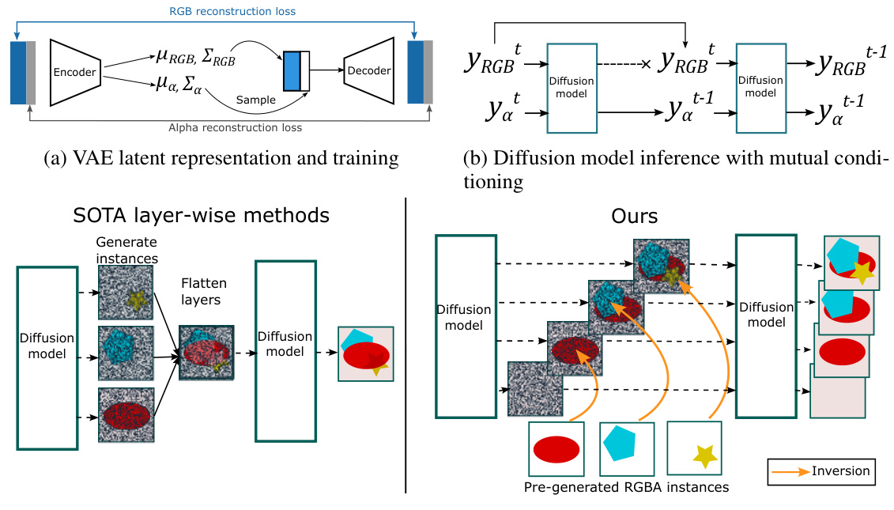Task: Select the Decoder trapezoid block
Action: tap(368, 70)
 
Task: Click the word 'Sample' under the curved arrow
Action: tap(255, 100)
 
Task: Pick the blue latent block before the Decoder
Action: tap(292, 70)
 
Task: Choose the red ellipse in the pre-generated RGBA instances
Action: tap(556, 450)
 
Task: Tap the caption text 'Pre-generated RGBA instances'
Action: tap(626, 487)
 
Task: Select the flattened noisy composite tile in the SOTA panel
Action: tap(207, 353)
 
